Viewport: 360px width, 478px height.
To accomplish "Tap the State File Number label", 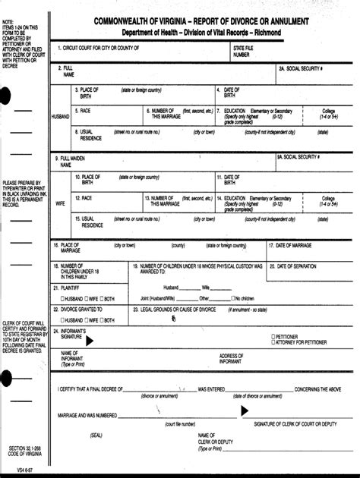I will pyautogui.click(x=243, y=51).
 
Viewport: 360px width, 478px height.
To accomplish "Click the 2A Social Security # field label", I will pyautogui.click(x=301, y=68).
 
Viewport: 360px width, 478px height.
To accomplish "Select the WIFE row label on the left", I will pyautogui.click(x=60, y=203).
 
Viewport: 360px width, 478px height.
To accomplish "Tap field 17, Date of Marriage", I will pyautogui.click(x=294, y=245).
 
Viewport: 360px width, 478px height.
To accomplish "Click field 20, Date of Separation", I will pyautogui.click(x=298, y=266).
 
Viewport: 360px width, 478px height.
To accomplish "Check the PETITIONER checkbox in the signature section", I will pyautogui.click(x=274, y=336).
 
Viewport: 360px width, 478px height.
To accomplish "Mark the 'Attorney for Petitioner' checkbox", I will pyautogui.click(x=274, y=342).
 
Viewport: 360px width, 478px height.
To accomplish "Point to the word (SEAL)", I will pyautogui.click(x=96, y=435).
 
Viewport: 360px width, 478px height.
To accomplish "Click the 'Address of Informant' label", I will pyautogui.click(x=231, y=358).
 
